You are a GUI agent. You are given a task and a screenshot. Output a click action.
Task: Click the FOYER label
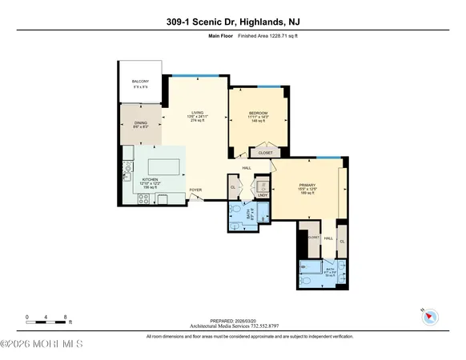point(195,190)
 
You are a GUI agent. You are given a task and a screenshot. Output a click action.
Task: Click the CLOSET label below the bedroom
point(265,153)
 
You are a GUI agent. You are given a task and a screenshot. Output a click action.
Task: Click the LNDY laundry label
point(263,194)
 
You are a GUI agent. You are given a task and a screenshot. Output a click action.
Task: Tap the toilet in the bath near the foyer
point(258,215)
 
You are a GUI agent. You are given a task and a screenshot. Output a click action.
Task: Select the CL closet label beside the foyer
point(234,188)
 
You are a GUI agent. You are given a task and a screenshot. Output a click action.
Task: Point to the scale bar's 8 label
point(66,318)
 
